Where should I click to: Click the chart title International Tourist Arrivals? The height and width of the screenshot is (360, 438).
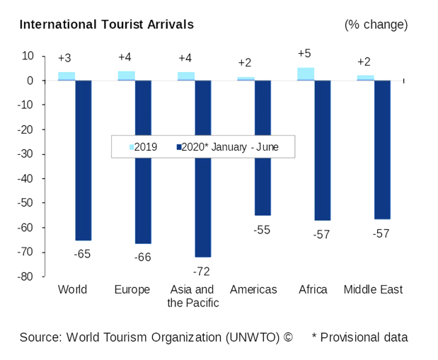coord(106,25)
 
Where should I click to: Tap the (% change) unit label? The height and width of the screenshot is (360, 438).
coord(376,25)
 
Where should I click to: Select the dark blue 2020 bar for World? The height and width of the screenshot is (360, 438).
coord(83,160)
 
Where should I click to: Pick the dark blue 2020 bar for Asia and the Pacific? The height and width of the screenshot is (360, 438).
coord(203,168)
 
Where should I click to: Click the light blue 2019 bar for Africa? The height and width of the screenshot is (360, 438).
coord(306,74)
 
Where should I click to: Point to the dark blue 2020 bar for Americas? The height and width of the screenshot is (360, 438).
coord(263,147)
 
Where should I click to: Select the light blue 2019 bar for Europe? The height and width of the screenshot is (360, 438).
coord(126,75)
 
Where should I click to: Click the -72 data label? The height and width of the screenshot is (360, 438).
coord(202,271)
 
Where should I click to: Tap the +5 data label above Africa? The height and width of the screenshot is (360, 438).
coord(305,54)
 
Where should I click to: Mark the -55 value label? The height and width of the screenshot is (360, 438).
coord(263,230)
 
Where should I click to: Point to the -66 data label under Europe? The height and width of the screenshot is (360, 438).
coord(142,257)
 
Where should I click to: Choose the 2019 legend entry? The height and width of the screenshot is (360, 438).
coord(144,147)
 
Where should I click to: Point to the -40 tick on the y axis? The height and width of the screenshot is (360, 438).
coord(26,179)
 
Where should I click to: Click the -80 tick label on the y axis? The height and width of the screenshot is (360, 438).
coord(26,277)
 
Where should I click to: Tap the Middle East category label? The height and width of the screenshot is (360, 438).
coord(373,290)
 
